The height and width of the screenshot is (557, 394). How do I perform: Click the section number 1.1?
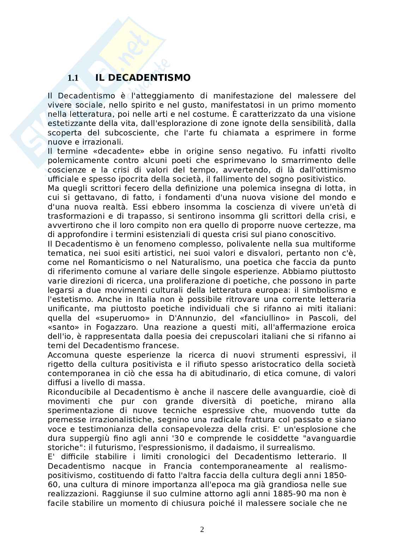pos(73,78)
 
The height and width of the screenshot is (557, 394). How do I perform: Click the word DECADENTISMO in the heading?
pos(149,78)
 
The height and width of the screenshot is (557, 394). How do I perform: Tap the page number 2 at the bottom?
pos(202,529)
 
